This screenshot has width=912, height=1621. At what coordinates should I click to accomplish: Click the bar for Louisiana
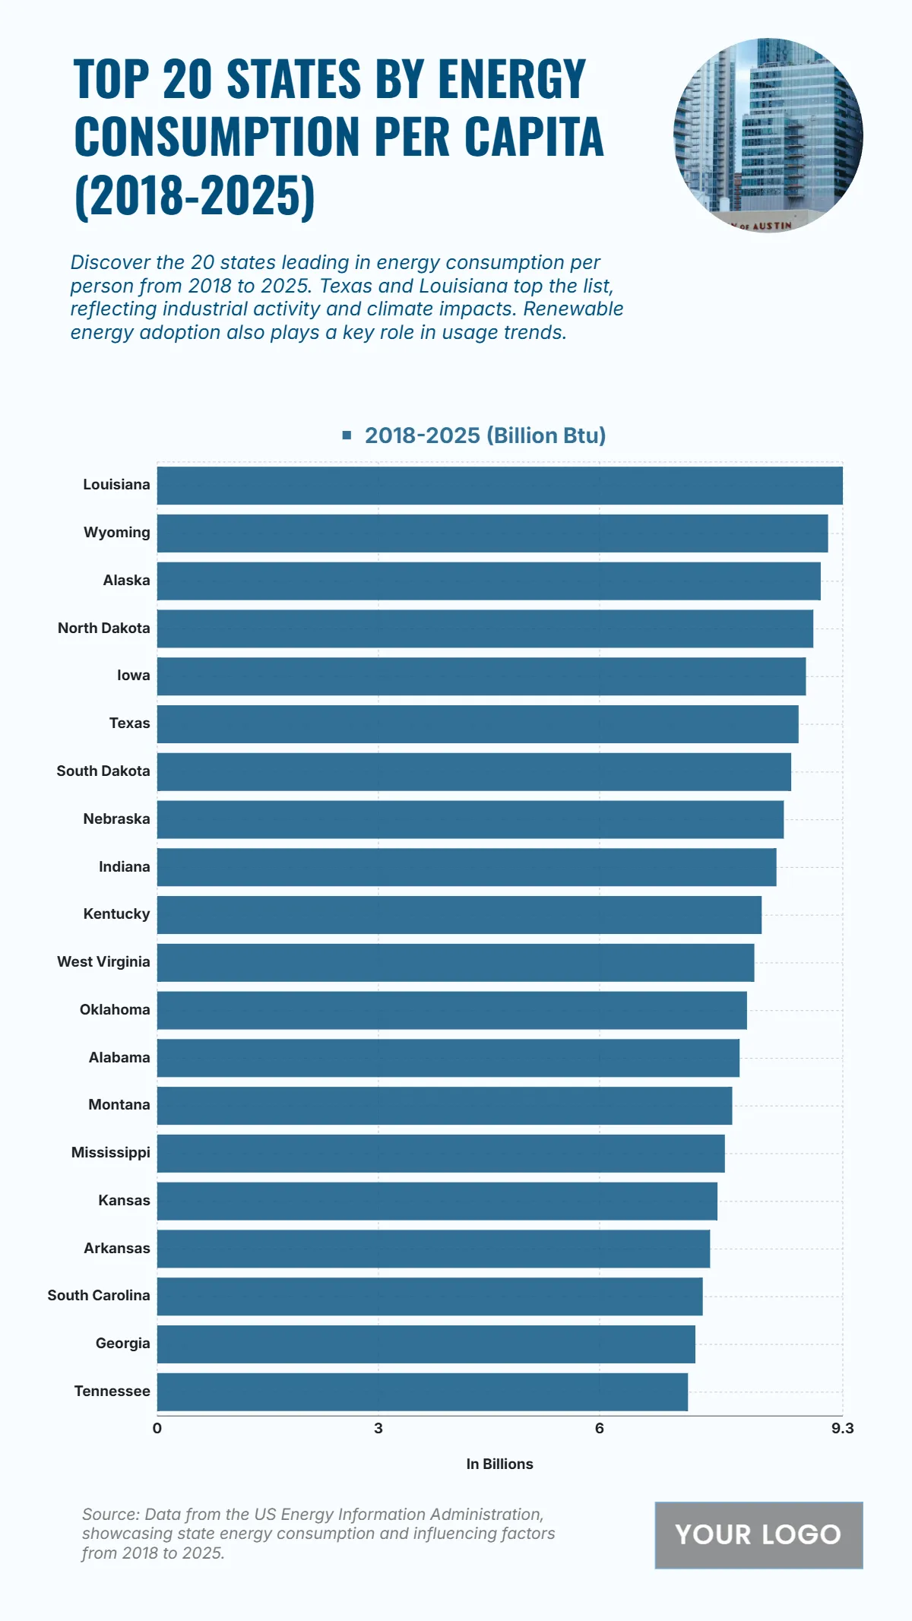pos(499,486)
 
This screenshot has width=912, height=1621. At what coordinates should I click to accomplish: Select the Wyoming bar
pos(492,533)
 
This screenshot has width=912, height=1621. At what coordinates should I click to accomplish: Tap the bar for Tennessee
pos(423,1391)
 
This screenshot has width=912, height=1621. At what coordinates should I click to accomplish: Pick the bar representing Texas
pos(477,724)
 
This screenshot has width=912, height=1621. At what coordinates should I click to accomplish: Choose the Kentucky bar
pos(459,915)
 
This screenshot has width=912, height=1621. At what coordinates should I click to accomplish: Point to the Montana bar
pos(445,1106)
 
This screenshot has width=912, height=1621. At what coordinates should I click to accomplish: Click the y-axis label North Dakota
pos(104,628)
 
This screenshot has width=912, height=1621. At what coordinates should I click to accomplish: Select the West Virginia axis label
pos(103,962)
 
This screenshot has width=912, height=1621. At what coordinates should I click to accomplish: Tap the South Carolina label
pos(99,1296)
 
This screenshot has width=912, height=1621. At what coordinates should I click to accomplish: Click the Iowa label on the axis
pos(134,676)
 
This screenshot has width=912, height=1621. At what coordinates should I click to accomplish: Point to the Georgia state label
pos(123,1344)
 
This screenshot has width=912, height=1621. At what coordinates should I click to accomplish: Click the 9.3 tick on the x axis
pos(842,1429)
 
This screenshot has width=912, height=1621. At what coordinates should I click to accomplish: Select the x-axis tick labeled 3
pos(378,1429)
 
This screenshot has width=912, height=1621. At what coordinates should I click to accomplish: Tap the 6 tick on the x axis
pos(600,1429)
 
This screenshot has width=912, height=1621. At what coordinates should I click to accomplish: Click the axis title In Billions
pos(499,1464)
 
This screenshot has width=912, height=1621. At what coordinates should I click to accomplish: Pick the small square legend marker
pos(347,435)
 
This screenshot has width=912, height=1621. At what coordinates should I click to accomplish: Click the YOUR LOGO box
pos(758,1535)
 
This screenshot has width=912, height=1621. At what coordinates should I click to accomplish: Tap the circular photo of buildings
pos(768,135)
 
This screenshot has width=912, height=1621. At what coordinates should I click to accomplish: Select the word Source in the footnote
pos(109,1515)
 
